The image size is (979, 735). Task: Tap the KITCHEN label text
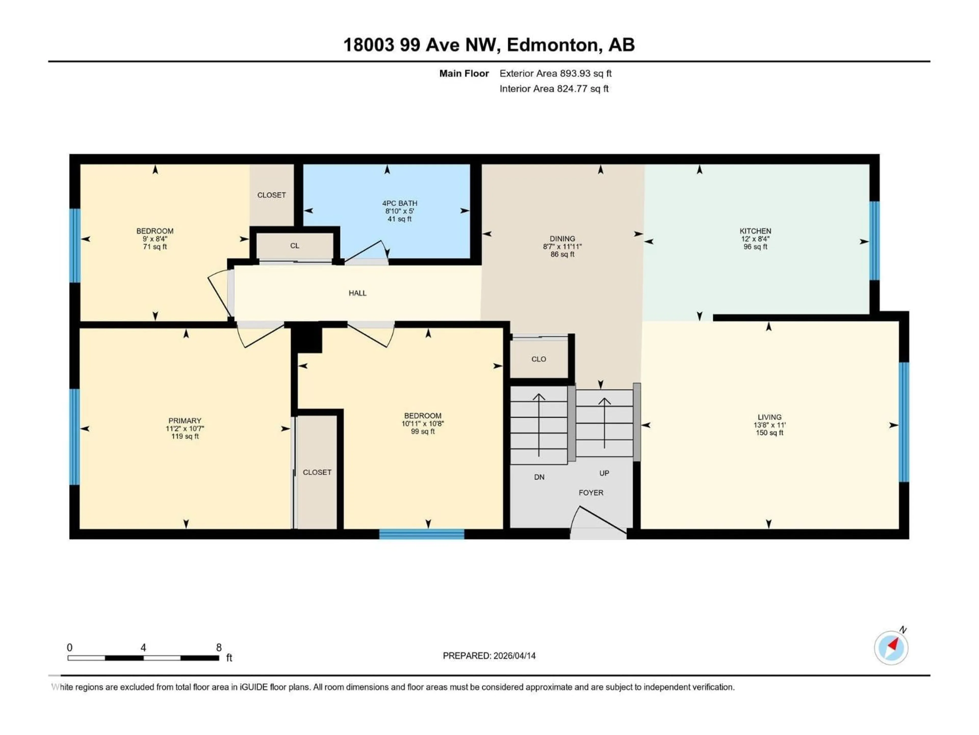tap(755, 231)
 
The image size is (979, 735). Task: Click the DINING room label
tap(562, 238)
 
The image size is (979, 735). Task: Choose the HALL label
tap(357, 293)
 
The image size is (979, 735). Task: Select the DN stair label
tap(539, 477)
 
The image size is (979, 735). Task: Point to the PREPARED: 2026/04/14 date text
tap(489, 656)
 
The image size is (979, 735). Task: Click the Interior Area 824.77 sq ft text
tap(554, 89)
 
